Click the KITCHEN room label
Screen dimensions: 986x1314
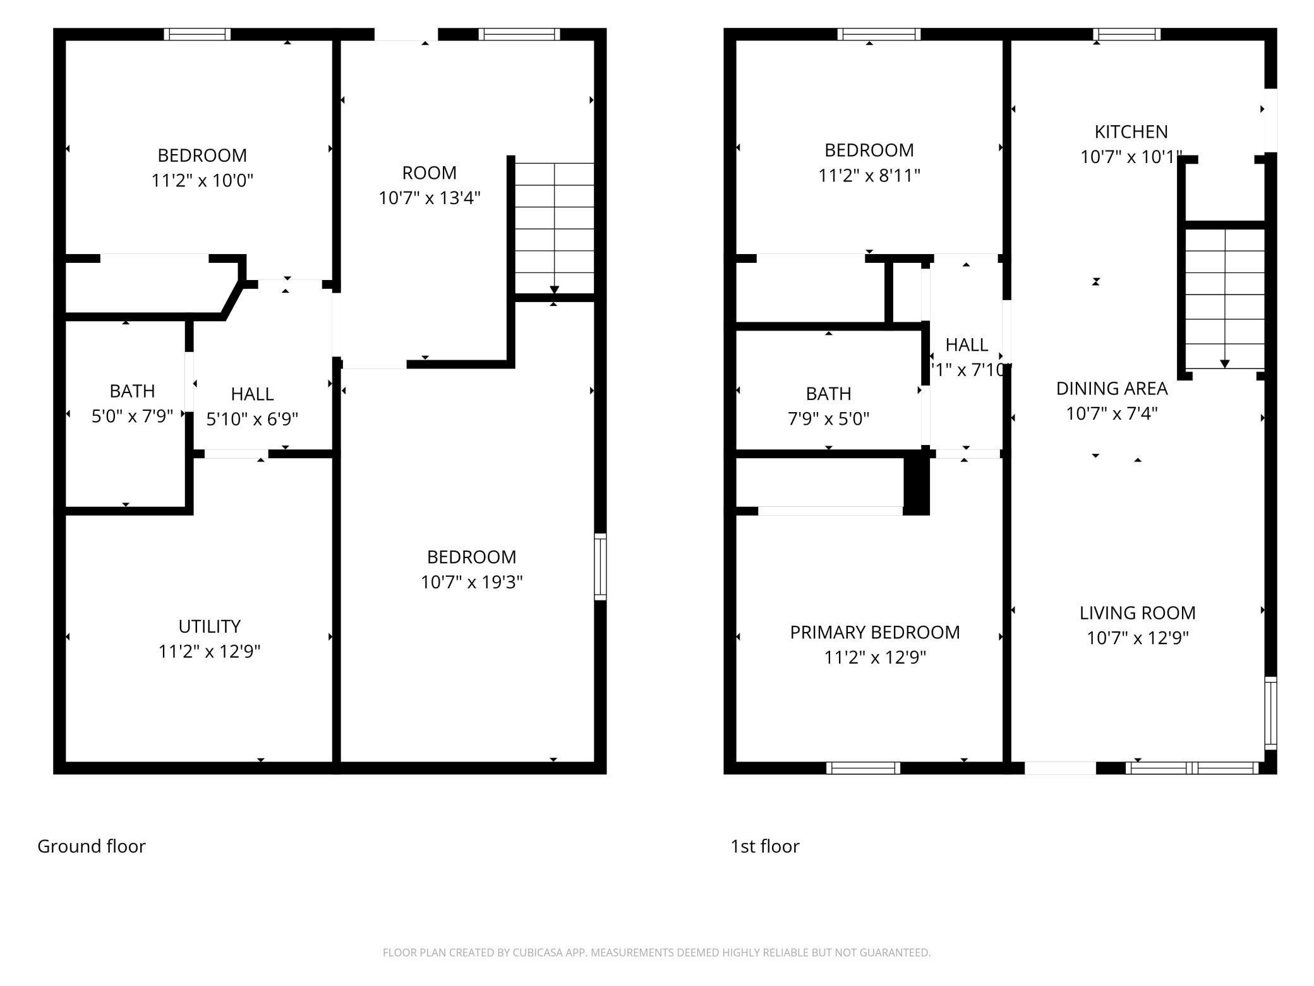[x=1131, y=132]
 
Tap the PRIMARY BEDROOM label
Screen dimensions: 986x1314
[x=874, y=632]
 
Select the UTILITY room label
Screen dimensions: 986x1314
[x=209, y=626]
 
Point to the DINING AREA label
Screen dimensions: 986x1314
[x=1111, y=388]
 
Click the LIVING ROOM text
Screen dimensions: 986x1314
[x=1136, y=612]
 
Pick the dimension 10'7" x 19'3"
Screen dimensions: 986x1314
[x=471, y=582]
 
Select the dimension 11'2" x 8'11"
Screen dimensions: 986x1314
[x=869, y=176]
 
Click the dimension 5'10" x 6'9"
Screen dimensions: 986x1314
[x=251, y=419]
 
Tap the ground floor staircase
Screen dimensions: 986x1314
[x=554, y=228]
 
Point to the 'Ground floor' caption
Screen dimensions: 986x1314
[x=92, y=846]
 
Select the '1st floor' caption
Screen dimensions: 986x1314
[x=764, y=846]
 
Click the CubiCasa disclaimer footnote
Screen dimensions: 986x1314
[x=656, y=952]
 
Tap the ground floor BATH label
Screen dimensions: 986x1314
[x=132, y=391]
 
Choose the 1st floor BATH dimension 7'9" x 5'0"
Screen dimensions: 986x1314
[x=828, y=418]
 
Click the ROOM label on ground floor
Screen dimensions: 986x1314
[x=429, y=173]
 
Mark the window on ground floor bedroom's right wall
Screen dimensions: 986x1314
[x=600, y=566]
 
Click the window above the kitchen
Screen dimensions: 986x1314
[x=1127, y=34]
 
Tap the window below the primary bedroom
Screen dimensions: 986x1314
[x=863, y=768]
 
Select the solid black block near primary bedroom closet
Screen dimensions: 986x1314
[x=916, y=485]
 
